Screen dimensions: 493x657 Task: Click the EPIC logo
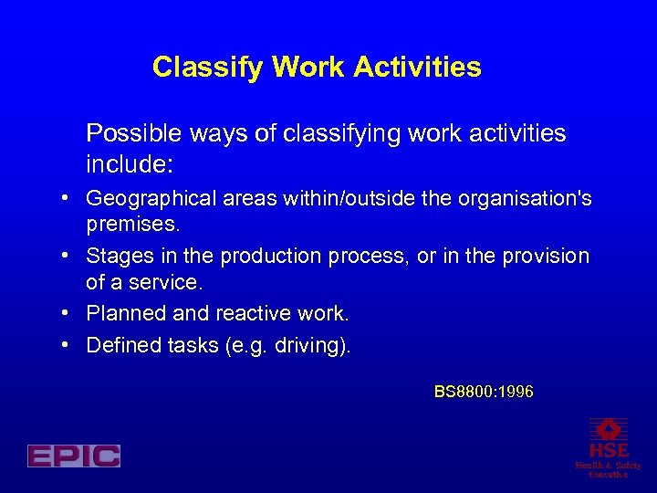pos(74,456)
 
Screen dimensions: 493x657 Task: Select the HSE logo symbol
pos(608,430)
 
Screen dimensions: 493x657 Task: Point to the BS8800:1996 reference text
pos(484,392)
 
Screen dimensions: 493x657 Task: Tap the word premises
pos(130,224)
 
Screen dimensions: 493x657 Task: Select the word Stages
pos(116,257)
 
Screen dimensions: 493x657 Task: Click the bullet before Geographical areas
pos(68,198)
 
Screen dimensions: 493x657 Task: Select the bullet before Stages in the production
pos(68,257)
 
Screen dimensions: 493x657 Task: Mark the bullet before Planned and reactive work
pos(68,314)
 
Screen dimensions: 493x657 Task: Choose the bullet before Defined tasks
pos(68,345)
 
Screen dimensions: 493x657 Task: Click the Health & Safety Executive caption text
pos(608,469)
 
